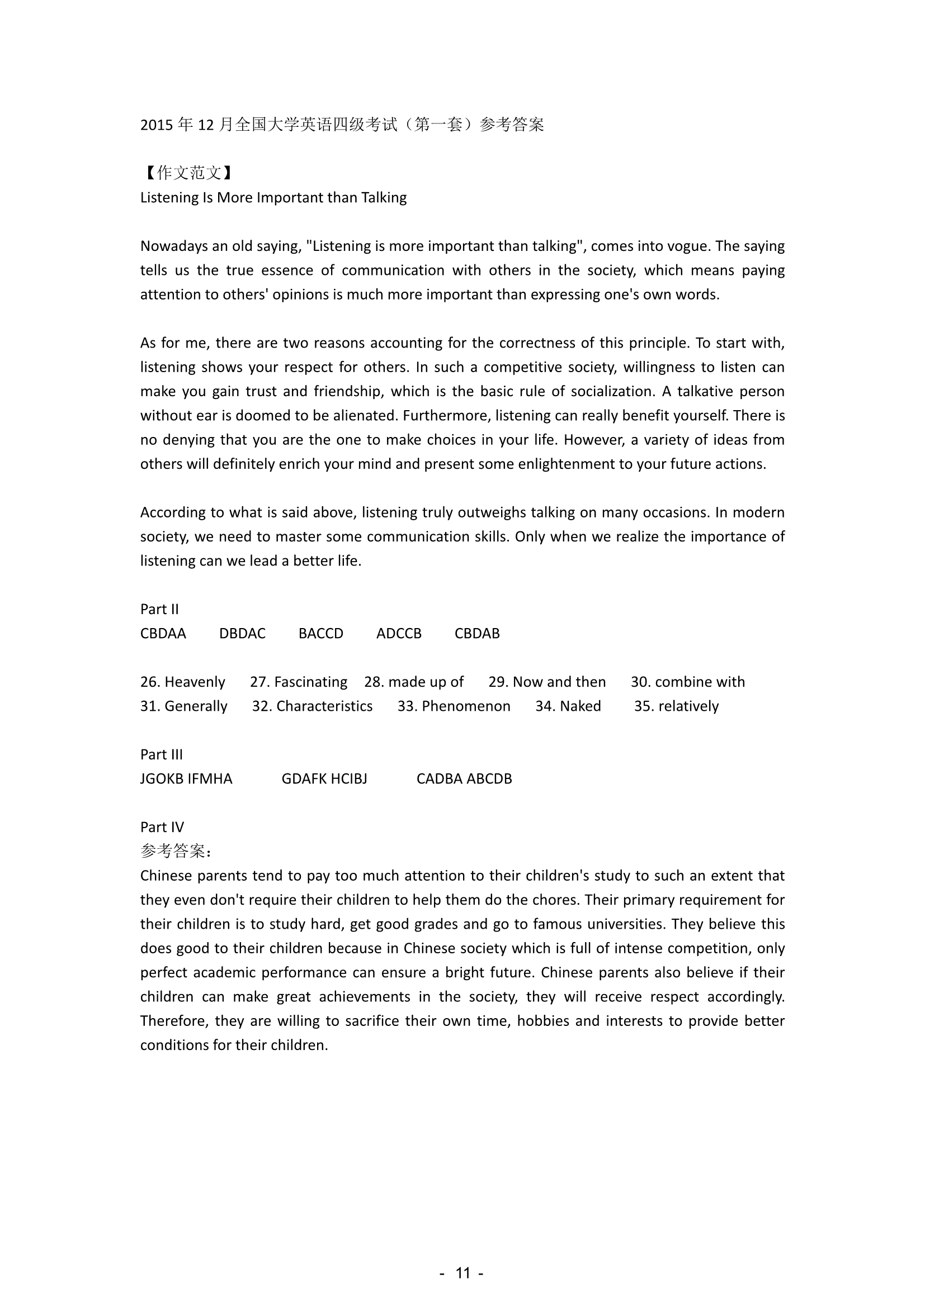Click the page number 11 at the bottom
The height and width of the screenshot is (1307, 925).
pos(463,1273)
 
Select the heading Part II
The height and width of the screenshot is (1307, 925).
pos(159,609)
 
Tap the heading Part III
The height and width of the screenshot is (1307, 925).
pos(161,754)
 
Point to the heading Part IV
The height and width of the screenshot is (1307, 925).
pos(162,827)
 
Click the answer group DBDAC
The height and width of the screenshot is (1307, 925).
pos(242,634)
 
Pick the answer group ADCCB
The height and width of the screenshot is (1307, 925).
pos(399,634)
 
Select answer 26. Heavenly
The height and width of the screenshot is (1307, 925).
pos(182,682)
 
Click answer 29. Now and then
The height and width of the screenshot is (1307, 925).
pos(547,682)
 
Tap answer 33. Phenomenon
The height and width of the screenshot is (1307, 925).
pos(454,706)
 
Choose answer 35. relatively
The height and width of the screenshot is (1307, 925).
pos(676,706)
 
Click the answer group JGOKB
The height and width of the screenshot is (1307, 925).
pos(162,779)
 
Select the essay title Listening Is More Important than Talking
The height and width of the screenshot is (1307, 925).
pos(273,197)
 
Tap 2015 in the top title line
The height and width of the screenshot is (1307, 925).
pos(157,125)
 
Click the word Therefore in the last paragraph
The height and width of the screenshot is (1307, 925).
pos(174,1021)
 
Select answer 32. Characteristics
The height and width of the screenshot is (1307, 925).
pos(312,706)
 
